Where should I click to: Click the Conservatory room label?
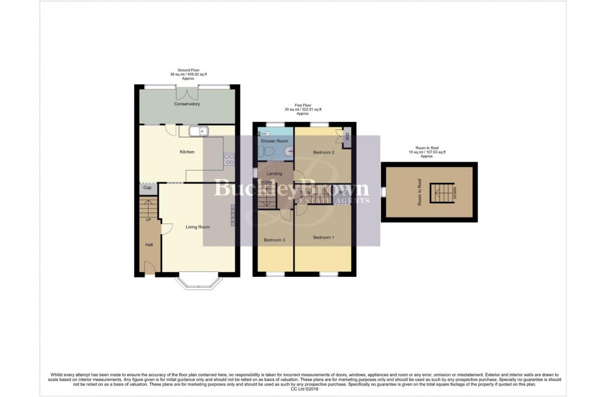[187, 104]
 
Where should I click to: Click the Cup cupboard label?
[147, 188]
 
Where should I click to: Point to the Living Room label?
[198, 227]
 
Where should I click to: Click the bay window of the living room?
[198, 282]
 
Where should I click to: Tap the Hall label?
[149, 245]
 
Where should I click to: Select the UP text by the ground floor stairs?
[148, 219]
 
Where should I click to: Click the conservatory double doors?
[187, 92]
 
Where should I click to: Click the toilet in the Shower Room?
[287, 152]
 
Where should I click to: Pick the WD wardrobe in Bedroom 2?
[346, 137]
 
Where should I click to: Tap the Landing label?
[275, 173]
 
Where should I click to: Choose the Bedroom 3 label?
[275, 240]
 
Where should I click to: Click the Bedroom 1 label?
[323, 237]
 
